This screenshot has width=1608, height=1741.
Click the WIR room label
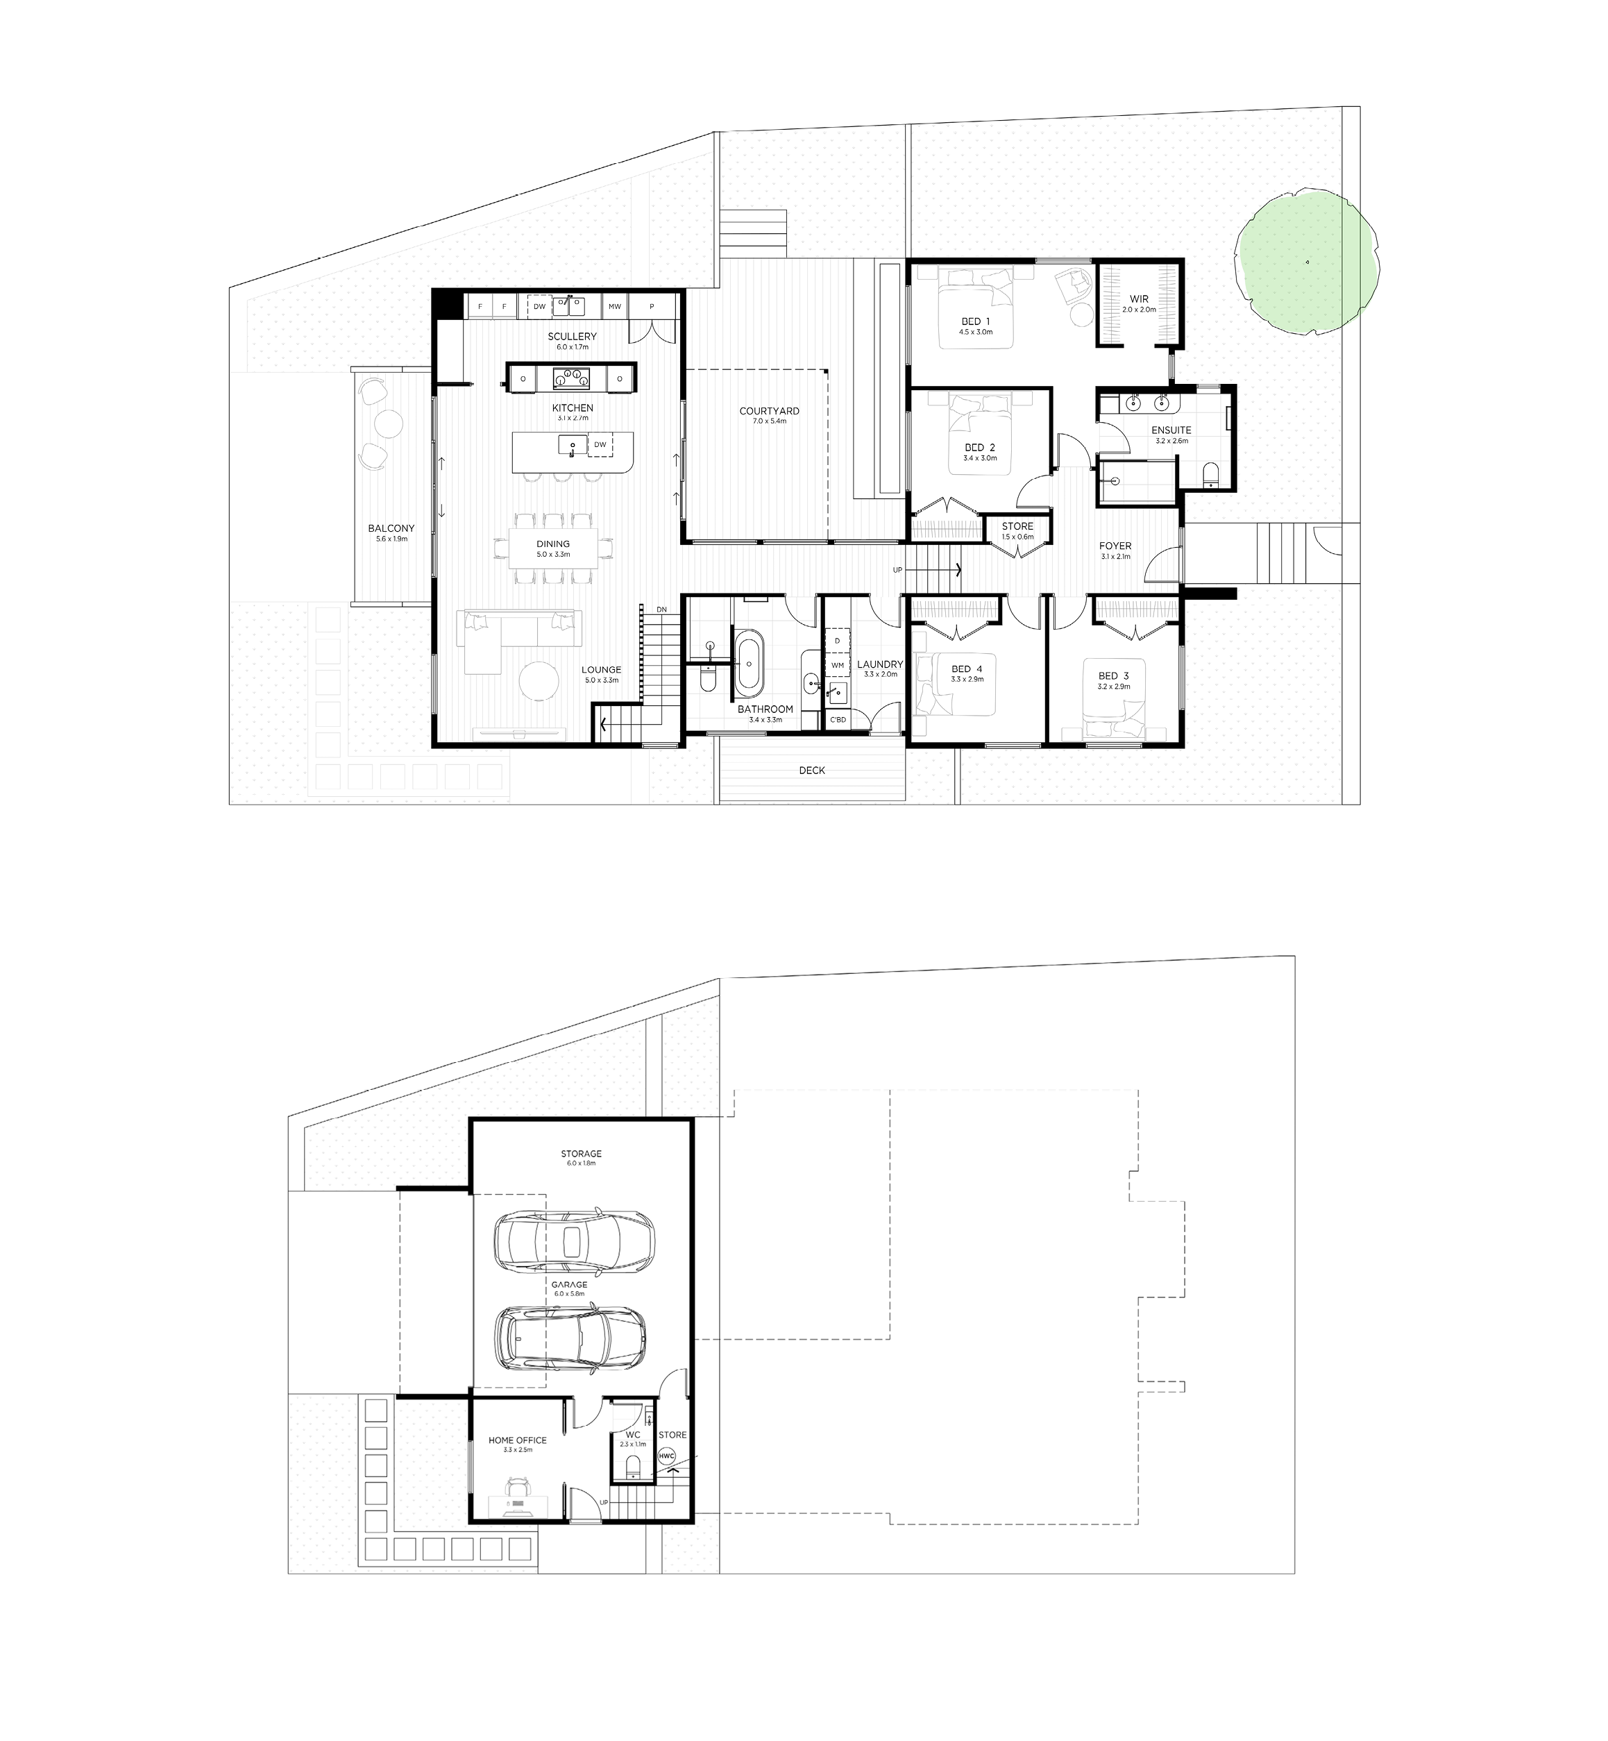[x=1139, y=298]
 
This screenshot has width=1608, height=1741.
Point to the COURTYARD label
[x=769, y=411]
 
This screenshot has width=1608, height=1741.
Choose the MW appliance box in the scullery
[x=615, y=306]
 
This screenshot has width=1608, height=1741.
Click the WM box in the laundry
[x=838, y=665]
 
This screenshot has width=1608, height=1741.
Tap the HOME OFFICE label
[x=518, y=1440]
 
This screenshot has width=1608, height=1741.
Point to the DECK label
[x=812, y=771]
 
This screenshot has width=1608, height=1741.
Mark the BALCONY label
[x=391, y=528]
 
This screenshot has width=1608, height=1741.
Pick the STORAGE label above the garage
[x=582, y=1154]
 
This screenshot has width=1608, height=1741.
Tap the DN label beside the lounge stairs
[x=661, y=609]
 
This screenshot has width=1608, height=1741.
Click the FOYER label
[x=1115, y=546]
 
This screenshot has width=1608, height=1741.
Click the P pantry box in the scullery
[x=652, y=306]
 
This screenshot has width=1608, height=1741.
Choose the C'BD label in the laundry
[x=838, y=720]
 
